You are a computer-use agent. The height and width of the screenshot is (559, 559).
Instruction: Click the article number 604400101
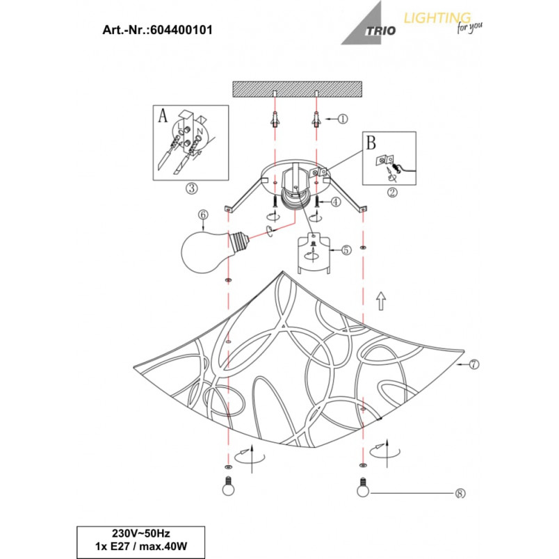[x=181, y=30]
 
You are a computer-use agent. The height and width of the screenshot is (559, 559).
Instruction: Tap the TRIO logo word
[x=380, y=31]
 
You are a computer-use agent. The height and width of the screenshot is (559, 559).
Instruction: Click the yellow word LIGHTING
[x=437, y=18]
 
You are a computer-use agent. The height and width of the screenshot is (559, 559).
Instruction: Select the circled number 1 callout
[x=342, y=119]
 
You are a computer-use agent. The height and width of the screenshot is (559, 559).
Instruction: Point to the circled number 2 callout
[x=392, y=192]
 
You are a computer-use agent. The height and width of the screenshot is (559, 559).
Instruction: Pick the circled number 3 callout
[x=192, y=188]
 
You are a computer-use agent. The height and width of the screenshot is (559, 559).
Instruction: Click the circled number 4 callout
[x=336, y=202]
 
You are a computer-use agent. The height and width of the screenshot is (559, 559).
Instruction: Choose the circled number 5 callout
[x=346, y=250]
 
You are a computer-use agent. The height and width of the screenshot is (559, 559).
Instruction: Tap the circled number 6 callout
[x=203, y=215]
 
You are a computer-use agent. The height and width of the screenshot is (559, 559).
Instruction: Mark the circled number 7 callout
[x=473, y=364]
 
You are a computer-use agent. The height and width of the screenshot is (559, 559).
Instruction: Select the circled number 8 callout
[x=460, y=493]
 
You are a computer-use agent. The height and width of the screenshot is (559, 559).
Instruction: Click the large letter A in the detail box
[x=163, y=115]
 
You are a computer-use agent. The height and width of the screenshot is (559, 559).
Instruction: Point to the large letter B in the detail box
[x=371, y=143]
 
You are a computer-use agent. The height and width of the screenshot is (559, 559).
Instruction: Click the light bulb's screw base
[x=239, y=241]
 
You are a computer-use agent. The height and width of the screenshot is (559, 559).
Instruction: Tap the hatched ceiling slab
[x=298, y=89]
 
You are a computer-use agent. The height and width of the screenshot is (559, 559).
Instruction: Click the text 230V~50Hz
[x=141, y=533]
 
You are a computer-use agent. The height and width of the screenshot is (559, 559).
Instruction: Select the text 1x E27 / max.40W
[x=141, y=546]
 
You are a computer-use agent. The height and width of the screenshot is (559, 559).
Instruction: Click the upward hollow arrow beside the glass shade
[x=381, y=301]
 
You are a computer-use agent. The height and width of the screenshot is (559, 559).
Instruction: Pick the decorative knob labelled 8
[x=362, y=487]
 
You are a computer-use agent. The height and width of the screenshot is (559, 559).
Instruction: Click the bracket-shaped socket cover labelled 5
[x=314, y=253]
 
